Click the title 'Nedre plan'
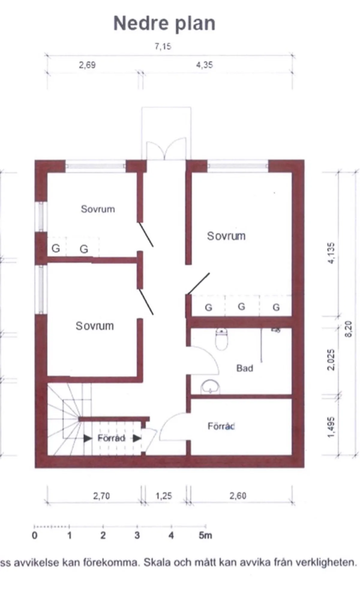(164, 23)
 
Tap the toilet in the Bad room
(221, 339)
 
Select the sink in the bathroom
(210, 386)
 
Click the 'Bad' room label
(244, 368)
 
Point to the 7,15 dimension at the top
(163, 47)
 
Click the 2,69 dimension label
(87, 65)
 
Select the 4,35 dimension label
(205, 65)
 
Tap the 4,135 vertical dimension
(331, 253)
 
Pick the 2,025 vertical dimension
(331, 360)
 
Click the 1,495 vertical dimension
(331, 427)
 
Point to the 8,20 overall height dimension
(348, 329)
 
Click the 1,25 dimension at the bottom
(164, 496)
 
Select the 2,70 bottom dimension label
(101, 496)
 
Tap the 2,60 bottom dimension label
(238, 496)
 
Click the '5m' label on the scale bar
(205, 535)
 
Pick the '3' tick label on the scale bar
(137, 535)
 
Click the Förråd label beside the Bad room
(221, 426)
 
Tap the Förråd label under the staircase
(111, 438)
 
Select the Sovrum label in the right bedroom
(226, 236)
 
